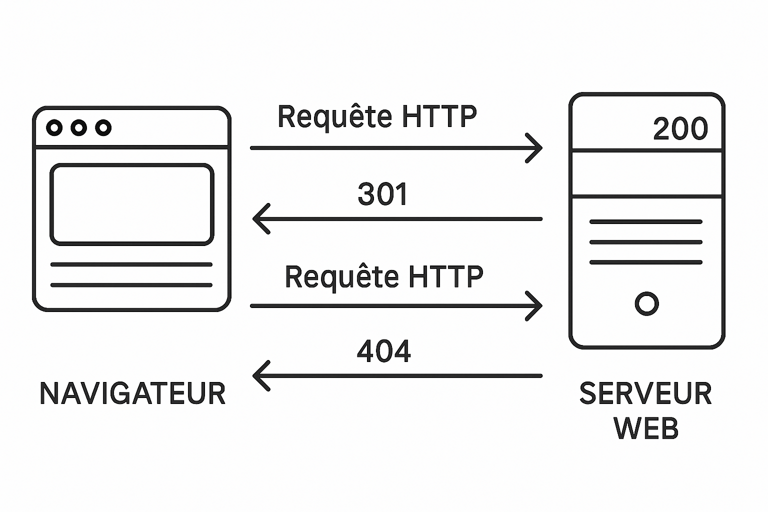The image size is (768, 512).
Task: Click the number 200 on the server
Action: [680, 129]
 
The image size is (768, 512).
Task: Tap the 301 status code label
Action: [383, 194]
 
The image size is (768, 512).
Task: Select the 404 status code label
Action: [383, 351]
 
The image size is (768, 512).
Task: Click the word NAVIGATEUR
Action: [132, 393]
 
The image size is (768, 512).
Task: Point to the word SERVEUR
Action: [645, 393]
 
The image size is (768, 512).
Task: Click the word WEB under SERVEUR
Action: [646, 428]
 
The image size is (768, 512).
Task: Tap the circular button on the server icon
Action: [646, 303]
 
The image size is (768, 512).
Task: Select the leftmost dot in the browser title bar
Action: [54, 128]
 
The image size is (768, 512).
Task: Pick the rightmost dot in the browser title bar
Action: [103, 128]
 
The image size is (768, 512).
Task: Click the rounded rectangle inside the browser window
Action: [132, 204]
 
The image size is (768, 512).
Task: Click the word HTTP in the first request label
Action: [439, 116]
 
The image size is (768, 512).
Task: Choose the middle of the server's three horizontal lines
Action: [646, 242]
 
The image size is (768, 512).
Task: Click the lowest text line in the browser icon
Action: [131, 285]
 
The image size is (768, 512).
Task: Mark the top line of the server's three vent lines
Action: [646, 221]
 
